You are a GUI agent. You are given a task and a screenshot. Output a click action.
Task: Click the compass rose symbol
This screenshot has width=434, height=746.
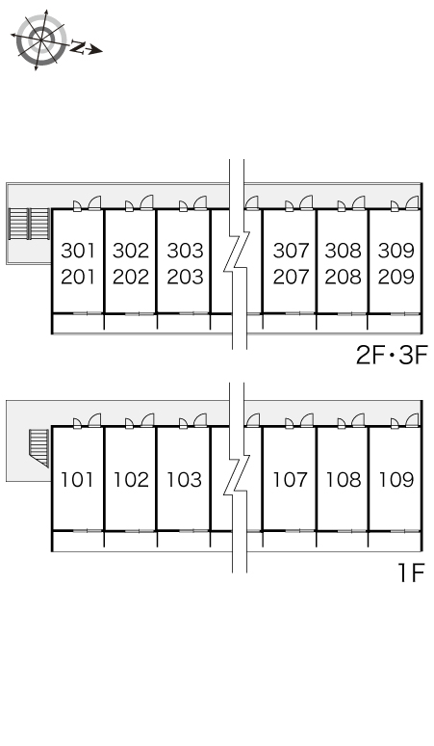[x=40, y=39]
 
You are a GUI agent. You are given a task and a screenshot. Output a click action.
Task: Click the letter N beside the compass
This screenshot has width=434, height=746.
[x=77, y=46]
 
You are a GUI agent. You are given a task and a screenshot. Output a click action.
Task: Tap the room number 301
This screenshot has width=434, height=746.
[x=78, y=251]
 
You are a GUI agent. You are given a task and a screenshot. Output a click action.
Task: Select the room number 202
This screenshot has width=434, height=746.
[x=131, y=277]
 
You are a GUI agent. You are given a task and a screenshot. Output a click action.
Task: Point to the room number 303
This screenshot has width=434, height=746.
[x=185, y=251]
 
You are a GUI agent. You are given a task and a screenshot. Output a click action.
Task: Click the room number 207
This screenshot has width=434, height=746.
[x=291, y=277]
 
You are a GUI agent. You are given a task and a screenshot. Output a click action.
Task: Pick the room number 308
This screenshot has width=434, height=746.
[x=343, y=251]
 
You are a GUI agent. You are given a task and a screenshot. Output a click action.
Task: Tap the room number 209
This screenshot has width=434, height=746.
[x=396, y=277]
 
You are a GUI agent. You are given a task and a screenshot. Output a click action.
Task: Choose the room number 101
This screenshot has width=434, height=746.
[x=77, y=480]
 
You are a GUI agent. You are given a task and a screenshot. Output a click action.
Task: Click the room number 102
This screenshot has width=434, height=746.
[x=131, y=480]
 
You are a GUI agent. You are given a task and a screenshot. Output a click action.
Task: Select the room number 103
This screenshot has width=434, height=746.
[x=184, y=480]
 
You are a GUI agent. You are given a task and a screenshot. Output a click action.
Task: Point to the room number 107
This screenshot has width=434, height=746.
[x=290, y=480]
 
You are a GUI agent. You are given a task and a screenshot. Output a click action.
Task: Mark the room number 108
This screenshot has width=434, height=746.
[x=343, y=480]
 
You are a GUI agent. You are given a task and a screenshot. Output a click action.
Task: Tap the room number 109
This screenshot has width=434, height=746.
[x=396, y=480]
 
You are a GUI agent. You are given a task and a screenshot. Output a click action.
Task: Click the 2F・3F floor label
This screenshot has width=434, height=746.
[x=393, y=355]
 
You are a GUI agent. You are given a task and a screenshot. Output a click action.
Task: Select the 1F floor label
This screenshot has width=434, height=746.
[x=411, y=573]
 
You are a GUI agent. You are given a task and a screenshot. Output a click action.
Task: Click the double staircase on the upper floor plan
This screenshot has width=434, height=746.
[x=30, y=224]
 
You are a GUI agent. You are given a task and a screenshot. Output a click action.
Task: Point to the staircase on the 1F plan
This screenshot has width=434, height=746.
[x=38, y=447]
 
